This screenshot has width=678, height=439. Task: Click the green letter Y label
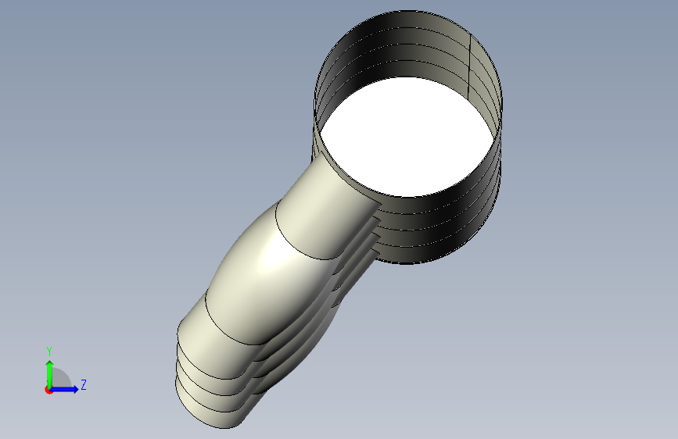point(49,352)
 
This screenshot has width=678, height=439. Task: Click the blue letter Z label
point(84,384)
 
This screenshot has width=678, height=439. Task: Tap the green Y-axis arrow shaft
point(50,376)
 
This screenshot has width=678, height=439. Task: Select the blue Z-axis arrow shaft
point(63,389)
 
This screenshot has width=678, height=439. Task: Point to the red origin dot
point(48,390)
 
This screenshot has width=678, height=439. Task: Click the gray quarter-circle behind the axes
point(60,379)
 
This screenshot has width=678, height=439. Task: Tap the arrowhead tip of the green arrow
point(50,361)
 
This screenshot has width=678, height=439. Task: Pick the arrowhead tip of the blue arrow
point(79,389)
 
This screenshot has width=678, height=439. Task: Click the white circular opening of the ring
point(407,137)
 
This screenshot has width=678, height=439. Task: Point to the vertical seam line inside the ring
point(470,66)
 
